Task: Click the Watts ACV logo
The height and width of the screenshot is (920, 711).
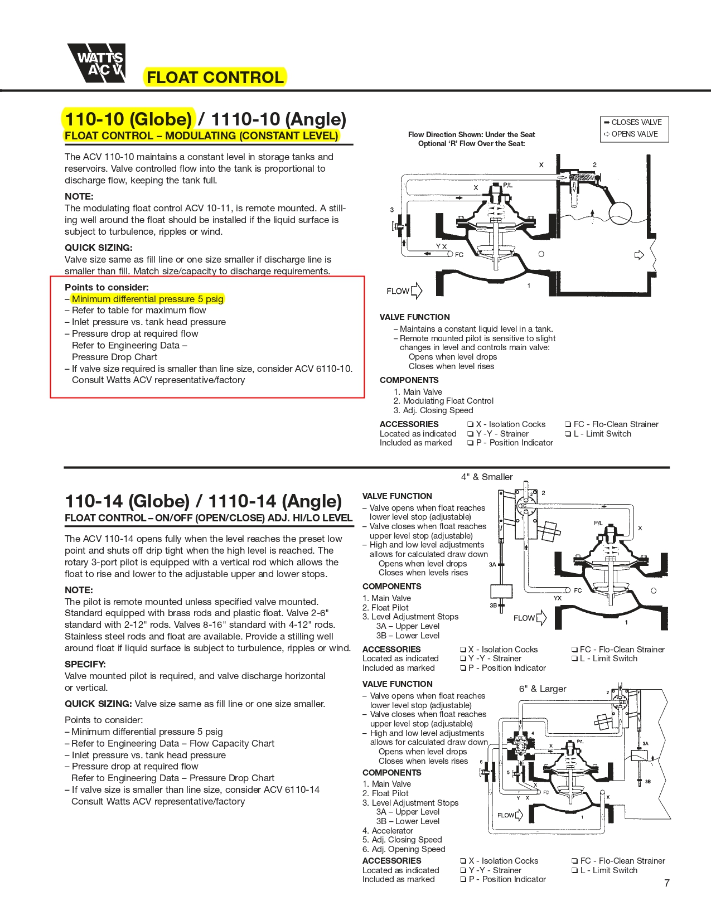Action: click(x=96, y=62)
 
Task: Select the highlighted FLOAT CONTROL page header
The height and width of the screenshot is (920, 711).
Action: click(x=215, y=78)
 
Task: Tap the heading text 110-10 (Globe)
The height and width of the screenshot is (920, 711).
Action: click(x=128, y=119)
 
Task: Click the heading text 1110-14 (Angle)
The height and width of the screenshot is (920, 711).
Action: click(x=275, y=501)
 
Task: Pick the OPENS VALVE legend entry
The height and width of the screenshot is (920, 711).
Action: click(x=631, y=134)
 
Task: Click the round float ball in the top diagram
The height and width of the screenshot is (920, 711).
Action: click(x=620, y=213)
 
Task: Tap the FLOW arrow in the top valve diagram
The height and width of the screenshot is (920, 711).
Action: click(x=416, y=291)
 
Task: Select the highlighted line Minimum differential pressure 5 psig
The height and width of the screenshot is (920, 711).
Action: click(x=147, y=299)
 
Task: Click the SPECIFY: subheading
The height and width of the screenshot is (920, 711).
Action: click(x=85, y=664)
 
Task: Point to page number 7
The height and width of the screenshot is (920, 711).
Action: click(x=666, y=883)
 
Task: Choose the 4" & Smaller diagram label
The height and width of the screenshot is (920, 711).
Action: click(x=487, y=477)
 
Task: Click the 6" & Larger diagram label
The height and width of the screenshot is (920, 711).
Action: click(x=543, y=689)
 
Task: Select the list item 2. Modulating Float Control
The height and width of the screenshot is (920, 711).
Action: click(x=443, y=401)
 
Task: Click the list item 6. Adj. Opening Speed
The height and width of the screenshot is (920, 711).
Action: click(x=404, y=849)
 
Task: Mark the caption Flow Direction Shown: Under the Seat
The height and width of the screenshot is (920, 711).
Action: click(x=471, y=134)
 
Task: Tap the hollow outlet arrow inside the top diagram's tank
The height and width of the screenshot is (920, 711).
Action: click(x=639, y=255)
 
